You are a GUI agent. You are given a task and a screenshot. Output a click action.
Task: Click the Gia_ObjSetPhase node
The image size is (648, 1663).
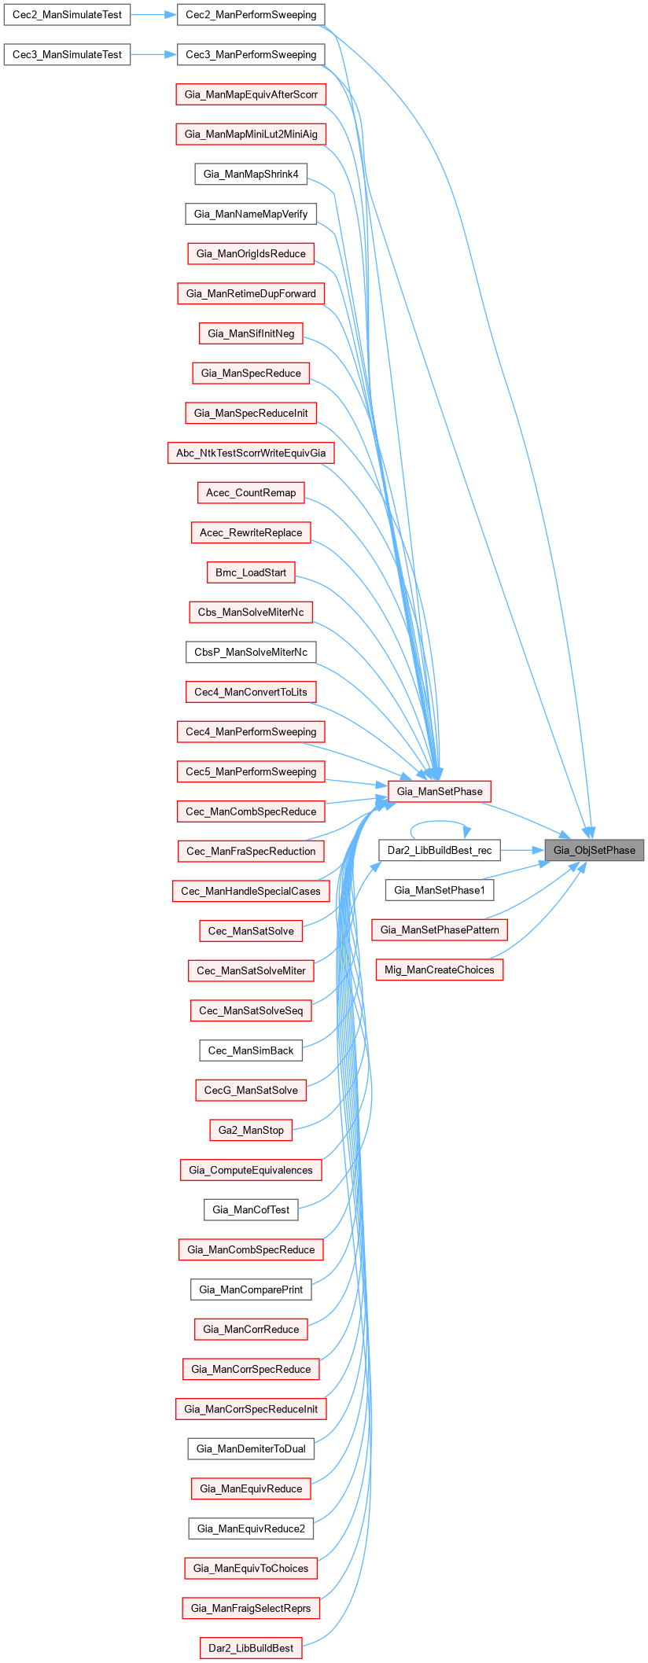click(594, 850)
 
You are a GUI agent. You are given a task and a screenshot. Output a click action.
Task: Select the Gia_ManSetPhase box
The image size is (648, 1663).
click(440, 791)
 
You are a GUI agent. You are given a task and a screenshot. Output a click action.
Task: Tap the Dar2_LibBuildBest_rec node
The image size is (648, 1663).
click(440, 850)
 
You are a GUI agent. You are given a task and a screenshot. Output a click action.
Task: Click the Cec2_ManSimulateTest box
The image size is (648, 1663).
click(67, 15)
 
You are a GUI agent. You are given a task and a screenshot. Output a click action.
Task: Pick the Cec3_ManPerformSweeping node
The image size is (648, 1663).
click(251, 55)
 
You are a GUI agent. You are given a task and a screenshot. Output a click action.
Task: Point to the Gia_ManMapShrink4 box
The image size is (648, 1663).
click(251, 174)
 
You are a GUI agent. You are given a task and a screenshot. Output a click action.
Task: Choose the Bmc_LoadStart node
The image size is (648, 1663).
click(251, 572)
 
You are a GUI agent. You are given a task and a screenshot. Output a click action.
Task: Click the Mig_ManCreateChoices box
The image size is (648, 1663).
click(440, 969)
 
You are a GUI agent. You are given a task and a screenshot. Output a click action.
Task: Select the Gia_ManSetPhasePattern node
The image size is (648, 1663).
click(440, 930)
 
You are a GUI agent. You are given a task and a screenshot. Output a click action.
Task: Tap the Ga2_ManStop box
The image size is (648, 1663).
click(251, 1130)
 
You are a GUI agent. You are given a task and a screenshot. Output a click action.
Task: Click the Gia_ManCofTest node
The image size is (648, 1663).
click(251, 1209)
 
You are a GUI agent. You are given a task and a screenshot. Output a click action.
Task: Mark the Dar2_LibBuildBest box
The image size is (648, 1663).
click(251, 1647)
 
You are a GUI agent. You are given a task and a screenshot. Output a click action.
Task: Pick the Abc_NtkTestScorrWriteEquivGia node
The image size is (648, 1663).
click(251, 453)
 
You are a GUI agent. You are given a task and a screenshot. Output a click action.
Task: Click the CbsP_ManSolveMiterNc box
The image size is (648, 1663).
click(251, 652)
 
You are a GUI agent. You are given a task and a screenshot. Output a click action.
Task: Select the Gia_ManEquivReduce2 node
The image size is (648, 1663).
click(251, 1528)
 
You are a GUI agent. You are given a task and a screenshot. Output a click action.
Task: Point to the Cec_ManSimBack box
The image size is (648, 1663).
click(251, 1050)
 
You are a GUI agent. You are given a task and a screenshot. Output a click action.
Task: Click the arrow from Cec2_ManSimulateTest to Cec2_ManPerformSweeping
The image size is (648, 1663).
click(153, 15)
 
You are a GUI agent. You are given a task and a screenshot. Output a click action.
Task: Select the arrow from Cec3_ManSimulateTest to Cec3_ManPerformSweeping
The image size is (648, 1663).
click(153, 55)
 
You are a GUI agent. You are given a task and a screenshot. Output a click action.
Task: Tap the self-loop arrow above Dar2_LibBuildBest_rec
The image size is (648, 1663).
click(440, 822)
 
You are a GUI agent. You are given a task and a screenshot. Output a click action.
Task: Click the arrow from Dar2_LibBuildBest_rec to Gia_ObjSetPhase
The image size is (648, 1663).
click(522, 850)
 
